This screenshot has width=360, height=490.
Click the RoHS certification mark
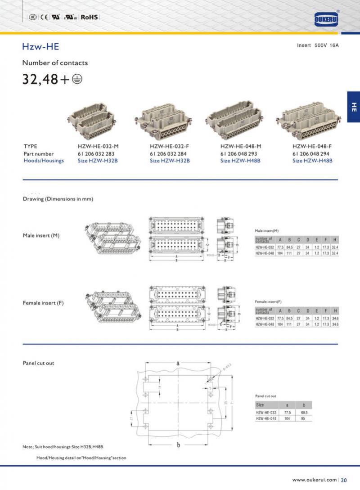pyautogui.click(x=89, y=17)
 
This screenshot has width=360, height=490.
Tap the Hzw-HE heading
pyautogui.click(x=40, y=46)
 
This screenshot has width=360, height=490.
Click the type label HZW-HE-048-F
pyautogui.click(x=312, y=146)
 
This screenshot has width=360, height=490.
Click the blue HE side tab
pyautogui.click(x=353, y=107)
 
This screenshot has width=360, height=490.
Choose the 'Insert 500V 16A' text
pyautogui.click(x=318, y=45)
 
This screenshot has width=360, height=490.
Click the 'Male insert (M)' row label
pyautogui.click(x=41, y=235)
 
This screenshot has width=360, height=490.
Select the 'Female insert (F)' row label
pyautogui.click(x=43, y=303)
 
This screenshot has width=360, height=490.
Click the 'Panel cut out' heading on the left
pyautogui.click(x=38, y=363)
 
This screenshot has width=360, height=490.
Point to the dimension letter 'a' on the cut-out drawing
pyautogui.click(x=178, y=363)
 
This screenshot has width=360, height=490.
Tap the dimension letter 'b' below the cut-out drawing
pyautogui.click(x=178, y=445)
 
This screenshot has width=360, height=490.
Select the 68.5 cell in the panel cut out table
pyautogui.click(x=304, y=412)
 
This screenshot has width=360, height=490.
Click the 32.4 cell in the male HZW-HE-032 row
pyautogui.click(x=334, y=247)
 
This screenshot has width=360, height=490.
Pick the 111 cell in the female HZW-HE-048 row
pyautogui.click(x=289, y=324)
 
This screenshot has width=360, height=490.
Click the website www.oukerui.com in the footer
pyautogui.click(x=315, y=480)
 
